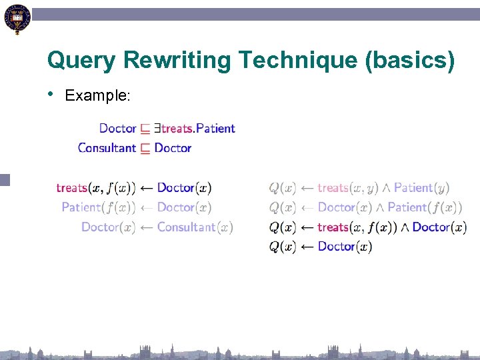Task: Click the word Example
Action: pyautogui.click(x=97, y=96)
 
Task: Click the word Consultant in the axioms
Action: pyautogui.click(x=107, y=148)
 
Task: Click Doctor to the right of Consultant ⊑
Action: pyautogui.click(x=173, y=148)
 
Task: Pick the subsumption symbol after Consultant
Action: pyautogui.click(x=145, y=149)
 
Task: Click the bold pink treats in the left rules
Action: pyautogui.click(x=72, y=188)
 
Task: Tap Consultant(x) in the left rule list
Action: pyautogui.click(x=195, y=227)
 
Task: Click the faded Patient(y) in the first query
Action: pyautogui.click(x=421, y=188)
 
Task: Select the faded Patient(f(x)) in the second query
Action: pyautogui.click(x=425, y=207)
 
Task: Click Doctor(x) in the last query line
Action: pyautogui.click(x=345, y=247)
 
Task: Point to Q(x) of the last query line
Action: pyautogui.click(x=282, y=247)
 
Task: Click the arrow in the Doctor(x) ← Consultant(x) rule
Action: pyautogui.click(x=146, y=227)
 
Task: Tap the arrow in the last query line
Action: pyautogui.click(x=307, y=247)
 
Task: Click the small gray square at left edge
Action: pyautogui.click(x=5, y=179)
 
